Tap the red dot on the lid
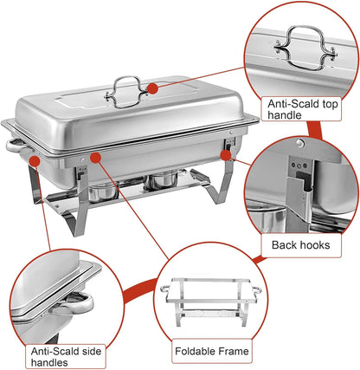click(151, 88)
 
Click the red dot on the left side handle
click(33, 158)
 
